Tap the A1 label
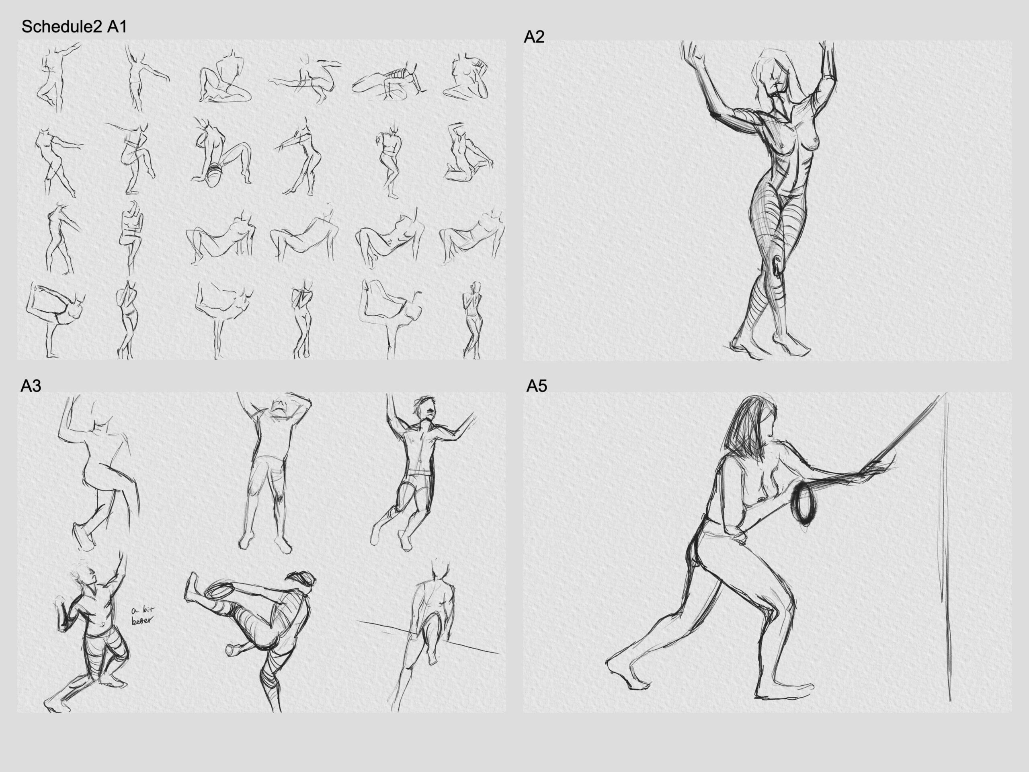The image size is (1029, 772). (x=117, y=27)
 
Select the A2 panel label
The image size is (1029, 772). (x=534, y=37)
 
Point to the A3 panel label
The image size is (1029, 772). (x=31, y=386)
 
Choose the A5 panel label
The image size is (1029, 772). (x=537, y=386)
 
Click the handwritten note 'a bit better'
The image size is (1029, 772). (x=143, y=616)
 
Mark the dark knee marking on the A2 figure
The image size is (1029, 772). (x=777, y=267)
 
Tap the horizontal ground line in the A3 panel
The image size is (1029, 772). (x=428, y=636)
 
